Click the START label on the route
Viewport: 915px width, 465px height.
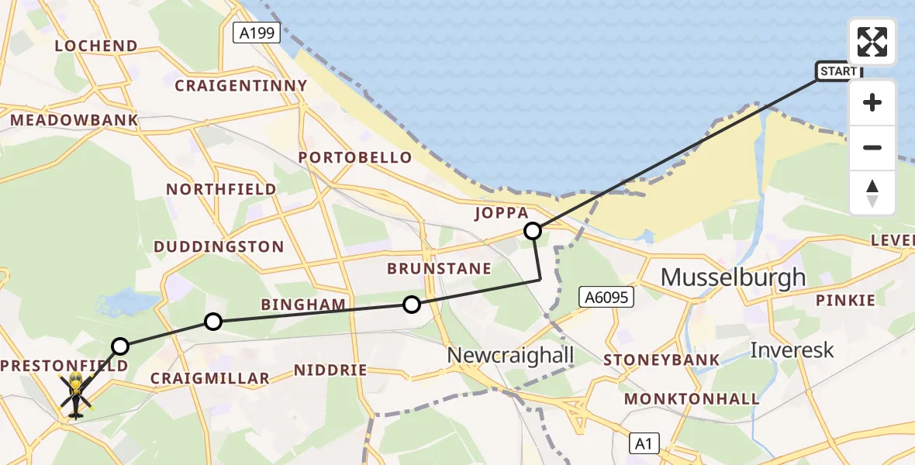click(x=838, y=71)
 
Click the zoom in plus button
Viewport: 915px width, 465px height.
click(x=872, y=102)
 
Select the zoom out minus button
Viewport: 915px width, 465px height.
click(x=872, y=147)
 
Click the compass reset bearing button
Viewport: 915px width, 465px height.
click(x=872, y=193)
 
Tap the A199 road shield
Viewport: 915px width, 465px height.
click(x=256, y=33)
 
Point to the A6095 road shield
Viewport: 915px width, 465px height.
click(x=606, y=297)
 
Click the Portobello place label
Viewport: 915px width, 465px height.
click(x=356, y=158)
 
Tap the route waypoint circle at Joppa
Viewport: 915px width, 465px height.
click(x=533, y=230)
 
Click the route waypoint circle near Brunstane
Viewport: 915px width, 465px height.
click(x=412, y=305)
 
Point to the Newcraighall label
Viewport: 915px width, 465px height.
click(x=510, y=355)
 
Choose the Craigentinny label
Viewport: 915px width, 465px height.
click(x=241, y=86)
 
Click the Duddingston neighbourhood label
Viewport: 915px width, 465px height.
click(x=219, y=247)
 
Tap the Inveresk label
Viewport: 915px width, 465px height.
click(x=792, y=350)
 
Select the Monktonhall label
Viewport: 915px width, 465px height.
click(x=692, y=399)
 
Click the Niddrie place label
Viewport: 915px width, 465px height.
click(x=330, y=370)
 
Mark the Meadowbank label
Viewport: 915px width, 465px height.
click(x=74, y=120)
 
